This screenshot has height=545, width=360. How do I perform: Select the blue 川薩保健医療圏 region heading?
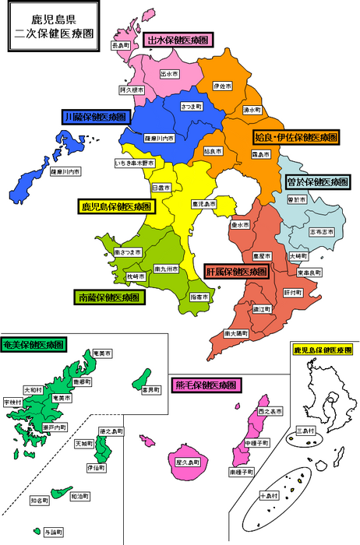tap(94, 117)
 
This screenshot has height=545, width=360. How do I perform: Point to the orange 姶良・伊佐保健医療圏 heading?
tap(296, 137)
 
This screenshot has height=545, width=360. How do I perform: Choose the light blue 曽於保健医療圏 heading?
tap(318, 181)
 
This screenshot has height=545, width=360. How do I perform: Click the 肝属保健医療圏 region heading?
tap(237, 272)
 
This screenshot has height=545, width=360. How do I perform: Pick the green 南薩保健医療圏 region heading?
tap(110, 297)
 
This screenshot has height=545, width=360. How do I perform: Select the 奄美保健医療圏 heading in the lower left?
tap(34, 343)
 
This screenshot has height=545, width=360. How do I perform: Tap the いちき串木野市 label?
tap(135, 163)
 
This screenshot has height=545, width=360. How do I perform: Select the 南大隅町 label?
tap(236, 332)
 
